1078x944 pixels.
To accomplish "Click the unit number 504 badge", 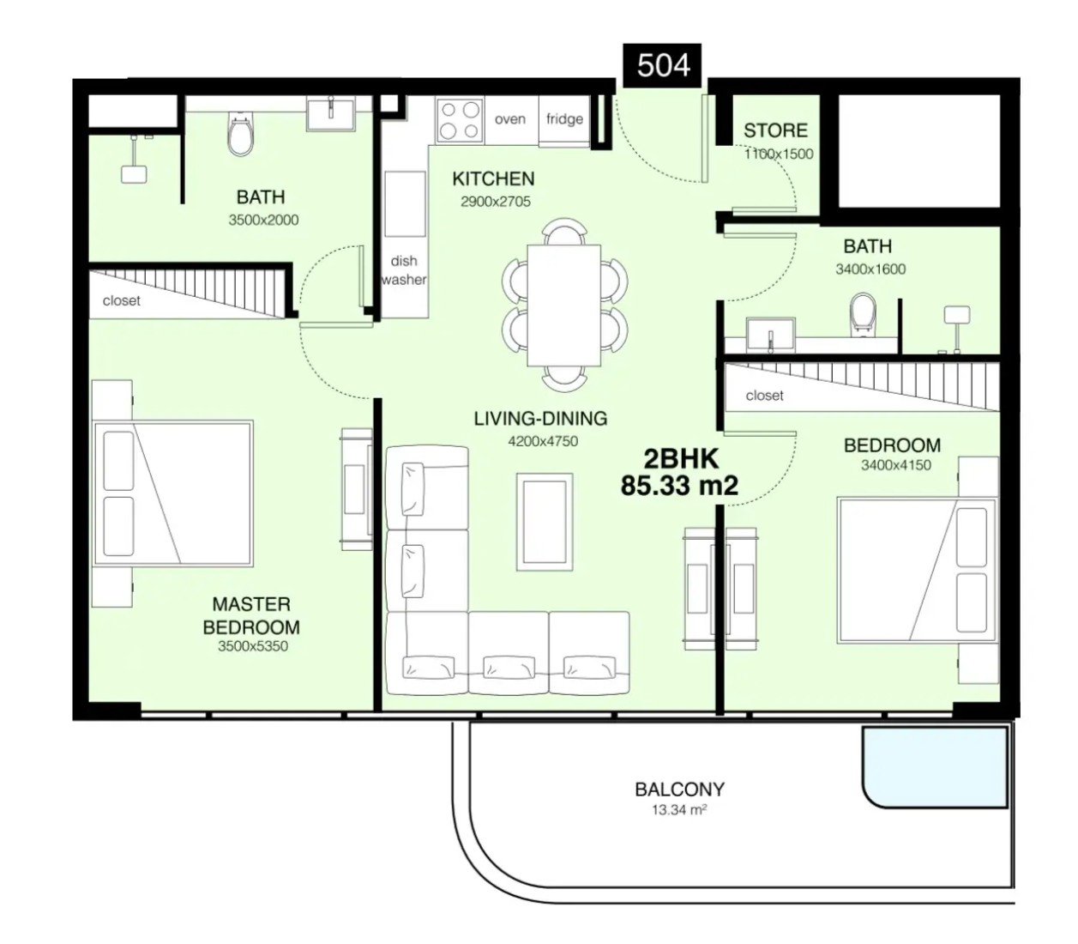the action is click(x=662, y=65).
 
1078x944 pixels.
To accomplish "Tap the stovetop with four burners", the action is click(x=460, y=120).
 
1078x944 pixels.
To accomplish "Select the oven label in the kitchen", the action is click(x=509, y=119).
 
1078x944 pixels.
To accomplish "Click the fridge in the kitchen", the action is click(x=563, y=119).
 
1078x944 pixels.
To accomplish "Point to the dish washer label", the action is click(x=404, y=269).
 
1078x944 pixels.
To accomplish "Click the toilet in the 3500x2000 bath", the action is click(x=240, y=135).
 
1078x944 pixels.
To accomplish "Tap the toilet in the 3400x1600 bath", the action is click(x=863, y=315).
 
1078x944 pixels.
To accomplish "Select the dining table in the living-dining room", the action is click(x=563, y=306).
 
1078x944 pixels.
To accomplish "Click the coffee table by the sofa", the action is click(x=545, y=522).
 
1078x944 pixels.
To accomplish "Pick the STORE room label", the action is click(x=775, y=130).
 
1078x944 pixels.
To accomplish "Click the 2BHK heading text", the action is click(x=681, y=459).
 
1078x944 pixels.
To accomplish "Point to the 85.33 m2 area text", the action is click(x=680, y=486).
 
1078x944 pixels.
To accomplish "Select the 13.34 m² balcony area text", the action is click(x=678, y=809).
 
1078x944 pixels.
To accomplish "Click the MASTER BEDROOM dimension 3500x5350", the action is click(x=253, y=646).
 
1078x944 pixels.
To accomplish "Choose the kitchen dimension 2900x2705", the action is click(x=496, y=202).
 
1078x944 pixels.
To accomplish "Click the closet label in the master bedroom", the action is click(x=121, y=300).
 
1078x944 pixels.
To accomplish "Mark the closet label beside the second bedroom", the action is click(x=764, y=396).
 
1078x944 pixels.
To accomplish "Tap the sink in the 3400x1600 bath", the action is click(x=770, y=335).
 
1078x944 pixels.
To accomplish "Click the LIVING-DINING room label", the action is click(x=540, y=419).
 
